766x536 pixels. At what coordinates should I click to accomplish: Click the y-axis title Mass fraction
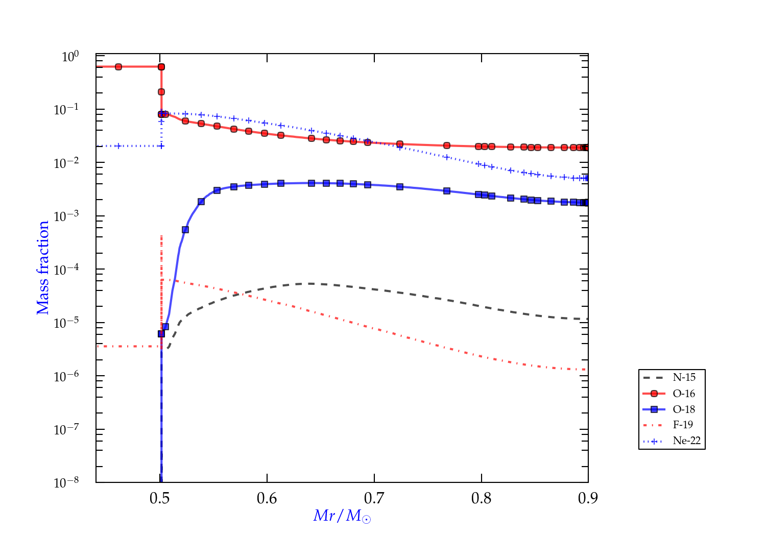pos(42,267)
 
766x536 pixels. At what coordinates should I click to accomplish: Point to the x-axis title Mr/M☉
pos(342,516)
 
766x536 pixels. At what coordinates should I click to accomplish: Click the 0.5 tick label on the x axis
pos(160,498)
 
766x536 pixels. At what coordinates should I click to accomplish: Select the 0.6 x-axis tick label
pos(267,498)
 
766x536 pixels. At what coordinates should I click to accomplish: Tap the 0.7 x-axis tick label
pos(374,498)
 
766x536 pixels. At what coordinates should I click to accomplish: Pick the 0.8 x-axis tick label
pos(481,498)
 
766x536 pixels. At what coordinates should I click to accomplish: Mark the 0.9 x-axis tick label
pos(588,498)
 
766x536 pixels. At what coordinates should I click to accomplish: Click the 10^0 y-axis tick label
pos(70,57)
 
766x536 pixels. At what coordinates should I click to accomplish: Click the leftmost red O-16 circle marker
pos(118,67)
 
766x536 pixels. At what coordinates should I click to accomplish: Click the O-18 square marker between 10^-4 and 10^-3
pos(185,230)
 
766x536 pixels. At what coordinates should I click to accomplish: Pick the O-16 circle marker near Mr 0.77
pos(447,145)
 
